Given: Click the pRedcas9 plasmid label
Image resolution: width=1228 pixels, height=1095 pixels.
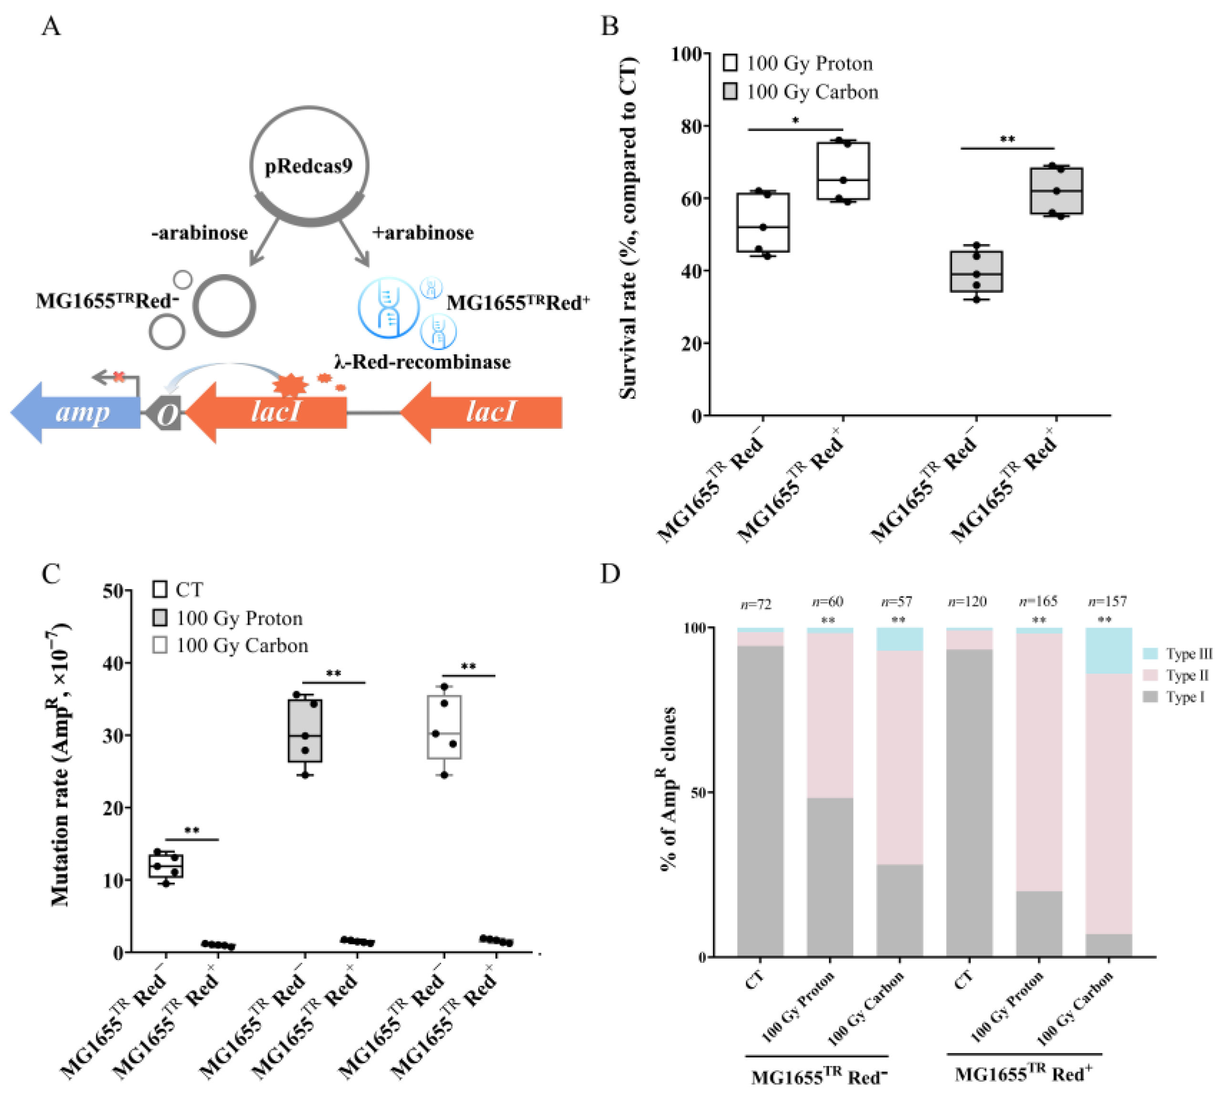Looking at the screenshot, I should pyautogui.click(x=308, y=166).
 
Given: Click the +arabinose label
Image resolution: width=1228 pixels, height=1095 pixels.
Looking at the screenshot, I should pyautogui.click(x=423, y=233).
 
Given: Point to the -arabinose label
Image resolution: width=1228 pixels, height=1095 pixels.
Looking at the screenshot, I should pyautogui.click(x=199, y=233).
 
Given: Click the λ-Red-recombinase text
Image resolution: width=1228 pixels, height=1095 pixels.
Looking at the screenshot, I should pyautogui.click(x=423, y=362).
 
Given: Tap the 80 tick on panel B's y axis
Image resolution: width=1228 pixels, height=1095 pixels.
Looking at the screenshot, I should pyautogui.click(x=691, y=126).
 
